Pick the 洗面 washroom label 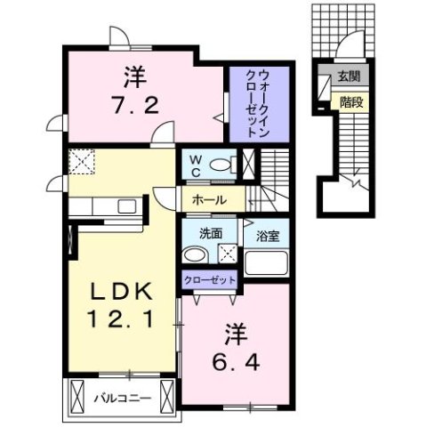tap(209, 234)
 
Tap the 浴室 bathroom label tap(269, 237)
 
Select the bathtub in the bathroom tap(268, 264)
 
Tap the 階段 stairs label tap(350, 101)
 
